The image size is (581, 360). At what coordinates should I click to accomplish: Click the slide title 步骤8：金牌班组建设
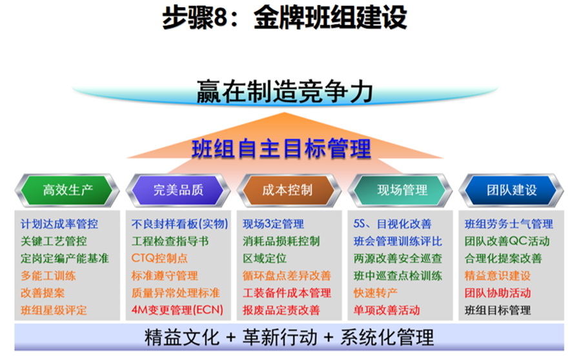[285, 18]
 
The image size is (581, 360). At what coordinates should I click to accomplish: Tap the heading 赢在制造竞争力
[285, 92]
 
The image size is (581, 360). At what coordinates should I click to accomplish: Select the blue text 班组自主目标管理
[281, 149]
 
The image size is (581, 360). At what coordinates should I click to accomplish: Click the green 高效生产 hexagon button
[67, 190]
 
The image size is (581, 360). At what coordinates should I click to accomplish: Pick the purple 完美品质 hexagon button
[178, 190]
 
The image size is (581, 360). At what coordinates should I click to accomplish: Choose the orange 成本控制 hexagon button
[289, 190]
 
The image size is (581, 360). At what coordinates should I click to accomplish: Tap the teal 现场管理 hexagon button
[400, 190]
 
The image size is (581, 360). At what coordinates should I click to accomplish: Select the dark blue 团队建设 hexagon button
[511, 190]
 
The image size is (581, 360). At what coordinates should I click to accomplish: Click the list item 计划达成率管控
[59, 224]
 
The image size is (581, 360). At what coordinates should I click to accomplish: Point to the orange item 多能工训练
[48, 276]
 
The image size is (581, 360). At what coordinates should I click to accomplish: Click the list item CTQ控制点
[159, 258]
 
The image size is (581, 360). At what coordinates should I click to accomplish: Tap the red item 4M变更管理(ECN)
[178, 310]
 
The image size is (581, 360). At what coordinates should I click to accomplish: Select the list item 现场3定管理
[274, 224]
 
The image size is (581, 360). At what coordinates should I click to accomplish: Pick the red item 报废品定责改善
[281, 310]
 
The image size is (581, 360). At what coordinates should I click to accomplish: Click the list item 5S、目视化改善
[392, 224]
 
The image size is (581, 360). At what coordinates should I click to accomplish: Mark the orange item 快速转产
[376, 293]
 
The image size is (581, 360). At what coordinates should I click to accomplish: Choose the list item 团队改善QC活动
[507, 241]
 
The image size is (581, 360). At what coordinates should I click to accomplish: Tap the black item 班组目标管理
[498, 310]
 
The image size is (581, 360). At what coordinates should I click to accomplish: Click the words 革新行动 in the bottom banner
[280, 337]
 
